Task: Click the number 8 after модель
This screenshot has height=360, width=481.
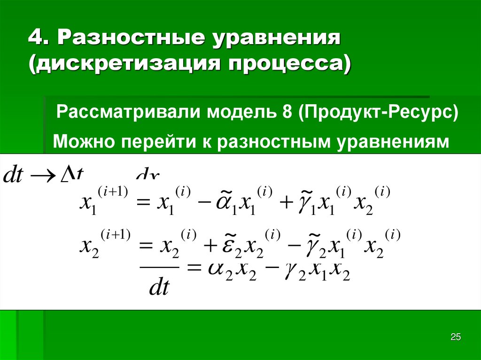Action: click(288, 113)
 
